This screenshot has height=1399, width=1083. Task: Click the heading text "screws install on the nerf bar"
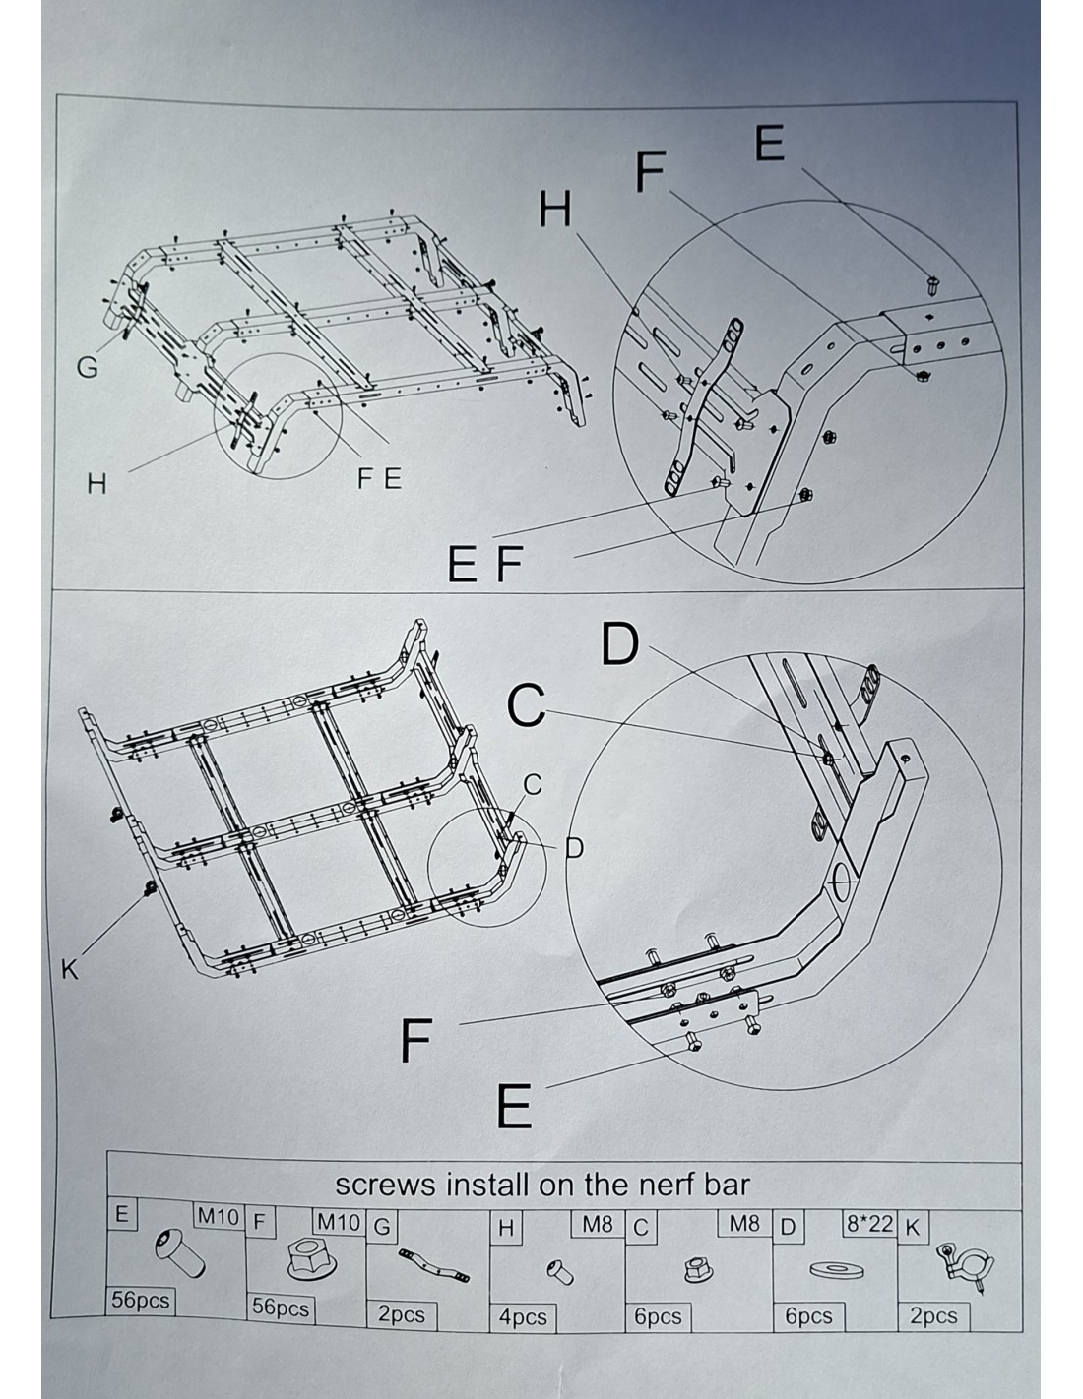click(x=542, y=1184)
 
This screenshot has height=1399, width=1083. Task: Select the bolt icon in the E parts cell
click(x=180, y=1252)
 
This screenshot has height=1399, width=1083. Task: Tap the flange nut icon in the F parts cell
click(x=312, y=1259)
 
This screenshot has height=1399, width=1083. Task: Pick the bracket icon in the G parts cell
click(x=433, y=1265)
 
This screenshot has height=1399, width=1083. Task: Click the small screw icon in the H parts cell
click(x=560, y=1272)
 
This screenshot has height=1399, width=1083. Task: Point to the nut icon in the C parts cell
click(x=698, y=1269)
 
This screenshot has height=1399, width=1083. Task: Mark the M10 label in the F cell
click(x=339, y=1222)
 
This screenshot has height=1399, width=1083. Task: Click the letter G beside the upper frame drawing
click(x=87, y=368)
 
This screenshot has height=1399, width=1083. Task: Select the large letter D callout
click(x=619, y=643)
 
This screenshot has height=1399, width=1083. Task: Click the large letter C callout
click(x=526, y=705)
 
